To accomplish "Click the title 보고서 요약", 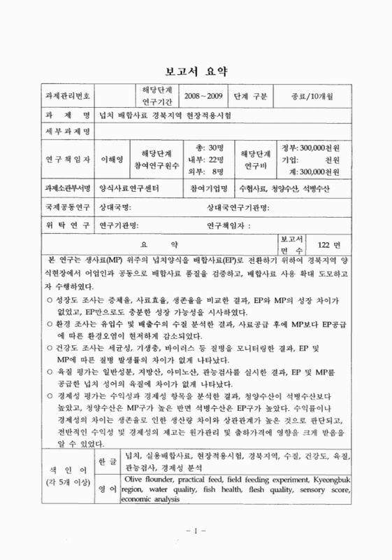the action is pos(196,71).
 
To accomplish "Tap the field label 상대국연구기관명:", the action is pos(238,208).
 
